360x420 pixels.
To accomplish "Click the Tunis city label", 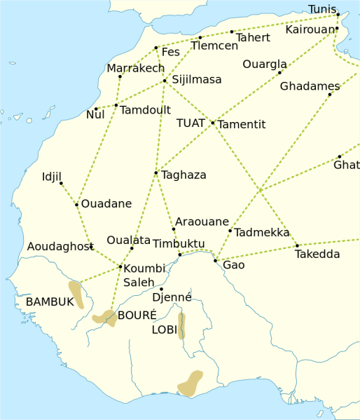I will [321, 9].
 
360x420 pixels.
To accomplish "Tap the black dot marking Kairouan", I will [337, 29].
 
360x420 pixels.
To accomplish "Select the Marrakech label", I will [135, 68].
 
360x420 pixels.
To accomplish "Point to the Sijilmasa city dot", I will [165, 81].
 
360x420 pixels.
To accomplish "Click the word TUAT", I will [191, 123].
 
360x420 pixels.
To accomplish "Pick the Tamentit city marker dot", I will [213, 123].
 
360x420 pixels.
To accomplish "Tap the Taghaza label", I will [184, 175].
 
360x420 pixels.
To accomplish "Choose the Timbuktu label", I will [178, 244].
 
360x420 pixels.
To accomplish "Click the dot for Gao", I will [216, 261].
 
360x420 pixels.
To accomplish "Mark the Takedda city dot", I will [297, 245].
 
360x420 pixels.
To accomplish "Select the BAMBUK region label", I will [50, 302].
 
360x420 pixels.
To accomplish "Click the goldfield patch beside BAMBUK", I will [76, 294].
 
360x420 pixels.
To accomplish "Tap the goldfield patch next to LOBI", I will [181, 325].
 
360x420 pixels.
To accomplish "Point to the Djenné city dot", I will [161, 289].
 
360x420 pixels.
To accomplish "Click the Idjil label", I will [53, 175].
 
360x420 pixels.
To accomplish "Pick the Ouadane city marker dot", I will [76, 205].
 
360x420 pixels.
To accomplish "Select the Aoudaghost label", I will [60, 247].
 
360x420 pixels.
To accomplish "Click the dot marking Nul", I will [96, 109].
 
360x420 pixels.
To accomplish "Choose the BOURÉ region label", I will [137, 315].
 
